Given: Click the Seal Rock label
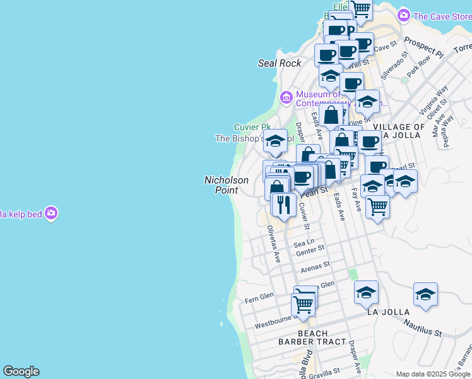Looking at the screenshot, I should tap(280, 63).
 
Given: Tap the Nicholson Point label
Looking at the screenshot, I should tap(226, 184).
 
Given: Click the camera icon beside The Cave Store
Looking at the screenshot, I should tap(404, 16).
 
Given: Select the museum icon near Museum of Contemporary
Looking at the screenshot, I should tap(286, 97).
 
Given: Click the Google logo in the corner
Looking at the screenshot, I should tap(21, 371).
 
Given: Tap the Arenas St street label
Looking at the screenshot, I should tap(315, 267).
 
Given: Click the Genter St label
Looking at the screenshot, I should tap(310, 251).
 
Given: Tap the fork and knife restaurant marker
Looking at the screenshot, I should tap(283, 205).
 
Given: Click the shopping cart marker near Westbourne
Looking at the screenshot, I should tap(304, 304).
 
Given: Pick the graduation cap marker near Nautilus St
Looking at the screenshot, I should tap(426, 294).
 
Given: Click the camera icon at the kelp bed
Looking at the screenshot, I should tap(52, 214).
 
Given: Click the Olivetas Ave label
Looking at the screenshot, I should tap(273, 244).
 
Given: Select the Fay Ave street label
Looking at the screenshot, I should tap(357, 200).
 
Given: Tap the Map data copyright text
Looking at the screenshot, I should tap(433, 374).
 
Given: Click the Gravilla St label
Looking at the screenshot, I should tap(325, 371).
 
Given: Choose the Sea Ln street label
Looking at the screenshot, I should tap(303, 243).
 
